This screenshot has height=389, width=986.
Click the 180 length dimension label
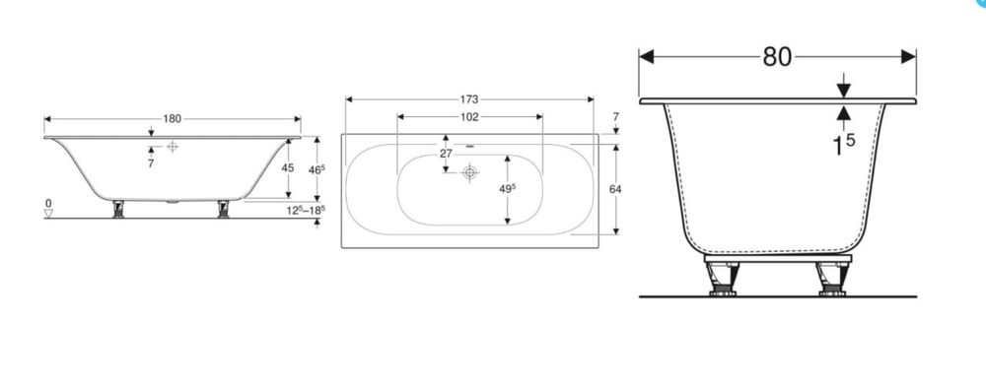(x=173, y=119)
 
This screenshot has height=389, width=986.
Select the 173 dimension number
(x=469, y=99)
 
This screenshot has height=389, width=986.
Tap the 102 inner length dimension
(x=469, y=117)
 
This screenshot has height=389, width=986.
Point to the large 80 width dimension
(x=777, y=56)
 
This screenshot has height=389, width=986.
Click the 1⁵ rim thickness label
(x=843, y=145)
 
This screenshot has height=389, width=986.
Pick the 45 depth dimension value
(x=287, y=167)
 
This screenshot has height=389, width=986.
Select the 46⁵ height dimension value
(x=317, y=169)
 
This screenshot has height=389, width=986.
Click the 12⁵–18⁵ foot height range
(x=307, y=210)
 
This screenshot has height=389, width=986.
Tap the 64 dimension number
(x=615, y=188)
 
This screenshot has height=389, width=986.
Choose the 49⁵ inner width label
(x=508, y=188)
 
